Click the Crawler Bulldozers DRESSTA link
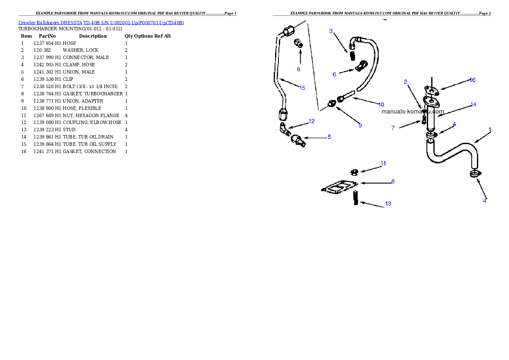pyautogui.click(x=50, y=23)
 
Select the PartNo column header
pyautogui.click(x=47, y=36)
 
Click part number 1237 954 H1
pyautogui.click(x=47, y=43)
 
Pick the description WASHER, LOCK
pyautogui.click(x=80, y=50)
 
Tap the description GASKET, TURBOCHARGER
pyautogui.click(x=93, y=94)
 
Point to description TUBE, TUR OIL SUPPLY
pyautogui.click(x=89, y=144)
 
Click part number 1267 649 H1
pyautogui.click(x=47, y=115)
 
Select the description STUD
pyautogui.click(x=69, y=130)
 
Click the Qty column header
pyautogui.click(x=129, y=36)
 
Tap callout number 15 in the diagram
pyautogui.click(x=302, y=88)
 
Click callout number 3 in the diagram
pyautogui.click(x=331, y=31)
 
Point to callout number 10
pyautogui.click(x=381, y=104)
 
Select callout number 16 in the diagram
pyautogui.click(x=472, y=80)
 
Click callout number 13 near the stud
pyautogui.click(x=388, y=204)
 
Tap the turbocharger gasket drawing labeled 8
pyautogui.click(x=340, y=187)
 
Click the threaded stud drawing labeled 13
pyautogui.click(x=356, y=198)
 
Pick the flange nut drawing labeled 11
pyautogui.click(x=355, y=172)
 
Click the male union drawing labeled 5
pyautogui.click(x=298, y=140)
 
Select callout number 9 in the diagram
pyautogui.click(x=360, y=126)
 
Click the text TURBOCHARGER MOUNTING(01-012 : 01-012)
pyautogui.click(x=70, y=29)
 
